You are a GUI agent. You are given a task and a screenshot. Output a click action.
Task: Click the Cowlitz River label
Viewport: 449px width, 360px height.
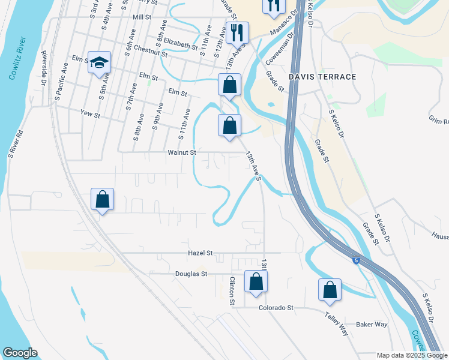tap(17, 59)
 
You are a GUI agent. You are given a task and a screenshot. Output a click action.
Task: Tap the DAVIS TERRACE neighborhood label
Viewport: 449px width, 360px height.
tap(322, 77)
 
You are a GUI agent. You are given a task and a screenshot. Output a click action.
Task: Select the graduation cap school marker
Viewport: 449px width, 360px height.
tap(99, 62)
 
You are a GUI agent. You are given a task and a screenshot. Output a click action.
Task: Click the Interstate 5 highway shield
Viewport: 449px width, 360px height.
tap(357, 260)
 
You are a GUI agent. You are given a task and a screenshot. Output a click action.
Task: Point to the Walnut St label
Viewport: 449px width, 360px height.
tap(182, 153)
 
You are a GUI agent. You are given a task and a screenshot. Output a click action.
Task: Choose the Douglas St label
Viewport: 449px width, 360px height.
tap(191, 274)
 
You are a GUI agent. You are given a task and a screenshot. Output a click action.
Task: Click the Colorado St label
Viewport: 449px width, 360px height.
tap(275, 308)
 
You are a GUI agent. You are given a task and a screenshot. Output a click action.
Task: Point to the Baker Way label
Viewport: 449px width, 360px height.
tap(372, 325)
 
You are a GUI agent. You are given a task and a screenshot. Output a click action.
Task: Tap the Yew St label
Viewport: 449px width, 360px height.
tap(89, 112)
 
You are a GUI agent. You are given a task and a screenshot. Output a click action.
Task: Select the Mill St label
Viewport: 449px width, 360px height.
tap(142, 17)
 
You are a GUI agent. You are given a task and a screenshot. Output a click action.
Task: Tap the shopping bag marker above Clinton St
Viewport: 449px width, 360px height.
tap(256, 282)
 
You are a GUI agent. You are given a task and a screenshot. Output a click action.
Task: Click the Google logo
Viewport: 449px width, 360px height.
tap(20, 353)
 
